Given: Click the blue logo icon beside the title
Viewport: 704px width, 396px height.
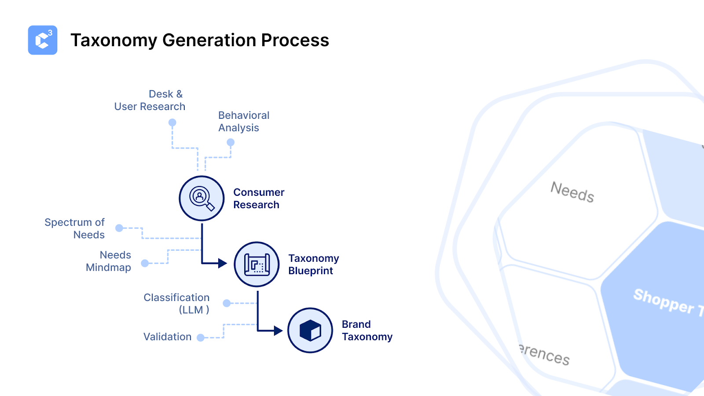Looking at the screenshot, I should (x=43, y=40).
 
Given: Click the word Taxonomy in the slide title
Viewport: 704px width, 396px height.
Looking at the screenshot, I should (x=114, y=40).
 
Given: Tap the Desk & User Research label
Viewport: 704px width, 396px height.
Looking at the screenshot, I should (x=150, y=100).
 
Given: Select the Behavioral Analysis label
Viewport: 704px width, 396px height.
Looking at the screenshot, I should (x=244, y=121).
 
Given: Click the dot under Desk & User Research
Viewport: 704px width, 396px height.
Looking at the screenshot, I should (x=172, y=122).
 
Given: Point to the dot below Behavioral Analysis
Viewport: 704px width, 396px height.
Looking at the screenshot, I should (x=231, y=142).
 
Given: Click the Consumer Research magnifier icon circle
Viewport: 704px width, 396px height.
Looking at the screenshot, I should (x=202, y=198).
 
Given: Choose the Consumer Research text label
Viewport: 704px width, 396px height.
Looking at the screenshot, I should (x=259, y=198).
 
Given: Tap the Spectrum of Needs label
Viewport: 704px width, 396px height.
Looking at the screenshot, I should (x=75, y=228).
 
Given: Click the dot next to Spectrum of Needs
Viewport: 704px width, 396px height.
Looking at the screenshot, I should (x=119, y=228).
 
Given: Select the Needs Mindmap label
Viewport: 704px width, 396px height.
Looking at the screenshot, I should (x=109, y=261).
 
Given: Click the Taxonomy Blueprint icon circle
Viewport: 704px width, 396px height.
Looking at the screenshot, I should (x=257, y=264).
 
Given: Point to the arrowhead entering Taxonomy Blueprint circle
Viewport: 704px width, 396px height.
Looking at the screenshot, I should (x=223, y=264).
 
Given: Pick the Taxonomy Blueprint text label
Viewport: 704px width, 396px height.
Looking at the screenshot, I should (x=313, y=264).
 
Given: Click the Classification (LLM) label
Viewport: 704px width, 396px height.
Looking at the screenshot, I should (x=176, y=304).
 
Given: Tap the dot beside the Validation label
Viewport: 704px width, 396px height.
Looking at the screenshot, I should (x=201, y=337).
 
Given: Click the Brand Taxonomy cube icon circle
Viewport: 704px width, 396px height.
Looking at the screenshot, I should (x=310, y=330).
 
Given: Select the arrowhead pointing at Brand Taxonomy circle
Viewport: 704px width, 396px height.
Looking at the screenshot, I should (x=278, y=330).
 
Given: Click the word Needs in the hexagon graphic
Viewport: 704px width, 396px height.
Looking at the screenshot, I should (x=572, y=192).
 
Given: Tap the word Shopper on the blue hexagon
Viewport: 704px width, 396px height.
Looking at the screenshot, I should (x=663, y=301).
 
